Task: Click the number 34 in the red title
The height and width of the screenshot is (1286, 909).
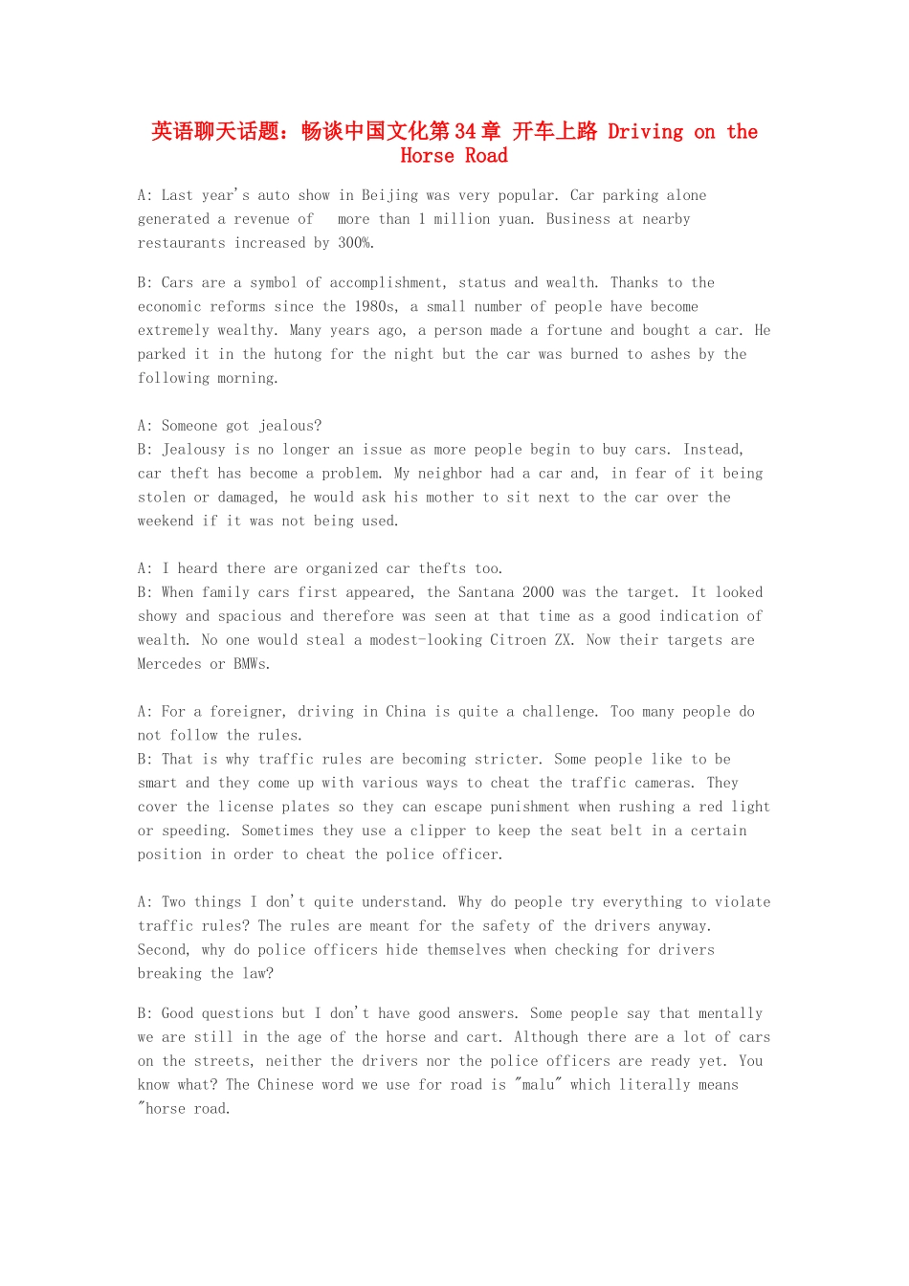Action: coord(465,131)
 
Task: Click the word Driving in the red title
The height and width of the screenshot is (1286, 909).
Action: coord(646,131)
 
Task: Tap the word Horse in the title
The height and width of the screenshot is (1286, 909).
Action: coord(427,155)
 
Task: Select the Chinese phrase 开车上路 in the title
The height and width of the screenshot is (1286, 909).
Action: coord(555,131)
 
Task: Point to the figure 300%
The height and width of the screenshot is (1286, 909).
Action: coord(356,243)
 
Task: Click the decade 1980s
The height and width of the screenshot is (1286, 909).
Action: coord(374,306)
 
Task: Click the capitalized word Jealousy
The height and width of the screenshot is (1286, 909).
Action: coord(193,450)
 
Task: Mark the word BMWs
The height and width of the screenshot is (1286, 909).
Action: coord(252,664)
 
